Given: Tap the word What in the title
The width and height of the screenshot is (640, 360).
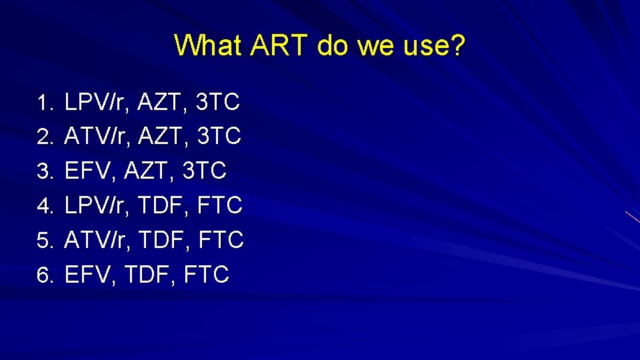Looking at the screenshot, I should point(209,45).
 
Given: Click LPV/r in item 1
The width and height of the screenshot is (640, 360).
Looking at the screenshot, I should point(97,103).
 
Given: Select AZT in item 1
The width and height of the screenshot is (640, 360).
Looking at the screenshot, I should point(163,103).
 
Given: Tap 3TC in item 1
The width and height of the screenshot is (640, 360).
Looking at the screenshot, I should point(219,103).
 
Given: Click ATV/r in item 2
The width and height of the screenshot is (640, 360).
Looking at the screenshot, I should point(97,137).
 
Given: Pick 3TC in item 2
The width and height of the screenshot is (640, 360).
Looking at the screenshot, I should point(219,137).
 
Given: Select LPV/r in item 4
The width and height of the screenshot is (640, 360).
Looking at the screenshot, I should point(97,205).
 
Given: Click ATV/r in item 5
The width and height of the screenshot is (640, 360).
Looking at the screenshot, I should point(97,240).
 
